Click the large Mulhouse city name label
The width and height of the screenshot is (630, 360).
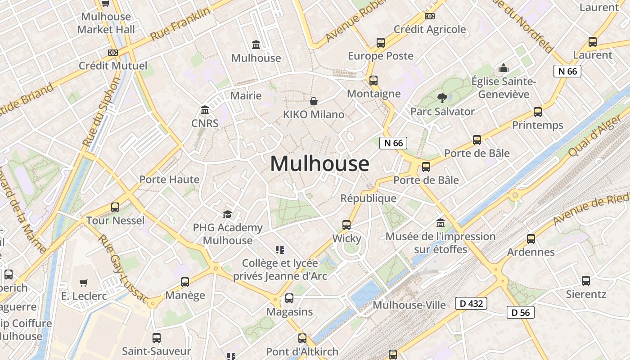319,163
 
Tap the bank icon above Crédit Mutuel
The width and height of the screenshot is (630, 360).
113,53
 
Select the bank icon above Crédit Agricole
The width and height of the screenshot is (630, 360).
430,16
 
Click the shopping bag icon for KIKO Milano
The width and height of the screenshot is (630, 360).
314,101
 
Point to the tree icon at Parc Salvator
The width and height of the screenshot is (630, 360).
442,98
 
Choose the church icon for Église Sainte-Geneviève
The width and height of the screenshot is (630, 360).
503,68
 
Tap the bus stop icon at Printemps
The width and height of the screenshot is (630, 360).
537,112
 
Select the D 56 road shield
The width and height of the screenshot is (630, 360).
521,312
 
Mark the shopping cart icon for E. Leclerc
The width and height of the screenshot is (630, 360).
84,283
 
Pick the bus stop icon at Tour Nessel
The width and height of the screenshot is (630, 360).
115,207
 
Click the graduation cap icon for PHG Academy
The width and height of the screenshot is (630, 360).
227,214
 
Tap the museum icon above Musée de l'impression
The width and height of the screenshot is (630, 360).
440,223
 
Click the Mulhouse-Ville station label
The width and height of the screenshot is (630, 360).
409,305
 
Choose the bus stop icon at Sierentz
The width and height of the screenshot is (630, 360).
585,281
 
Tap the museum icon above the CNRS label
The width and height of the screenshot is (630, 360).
205,110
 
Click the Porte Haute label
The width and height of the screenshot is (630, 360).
169,180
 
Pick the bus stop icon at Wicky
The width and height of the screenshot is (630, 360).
346,225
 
